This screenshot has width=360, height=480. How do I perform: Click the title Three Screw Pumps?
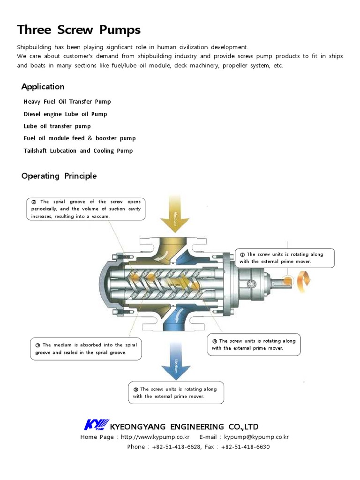79,30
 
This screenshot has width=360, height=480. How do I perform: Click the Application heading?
43,87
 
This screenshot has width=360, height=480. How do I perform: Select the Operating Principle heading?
59,176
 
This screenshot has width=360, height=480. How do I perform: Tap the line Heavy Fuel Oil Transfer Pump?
67,102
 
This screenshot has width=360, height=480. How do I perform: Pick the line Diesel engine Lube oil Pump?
65,114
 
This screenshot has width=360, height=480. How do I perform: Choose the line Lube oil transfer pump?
57,126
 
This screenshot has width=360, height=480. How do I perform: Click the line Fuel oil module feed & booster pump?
80,138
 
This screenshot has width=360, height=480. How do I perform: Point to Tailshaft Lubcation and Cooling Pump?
78,150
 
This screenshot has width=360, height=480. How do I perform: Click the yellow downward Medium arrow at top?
174,214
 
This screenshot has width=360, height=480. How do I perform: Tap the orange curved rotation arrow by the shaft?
304,280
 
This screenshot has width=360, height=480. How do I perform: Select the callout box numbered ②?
86,209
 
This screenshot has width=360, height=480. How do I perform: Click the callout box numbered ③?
85,349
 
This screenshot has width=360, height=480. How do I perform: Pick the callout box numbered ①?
285,258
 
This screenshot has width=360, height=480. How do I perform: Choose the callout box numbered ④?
254,345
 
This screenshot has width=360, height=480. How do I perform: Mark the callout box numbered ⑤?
176,392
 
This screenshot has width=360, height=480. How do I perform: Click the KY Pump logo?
96,425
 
